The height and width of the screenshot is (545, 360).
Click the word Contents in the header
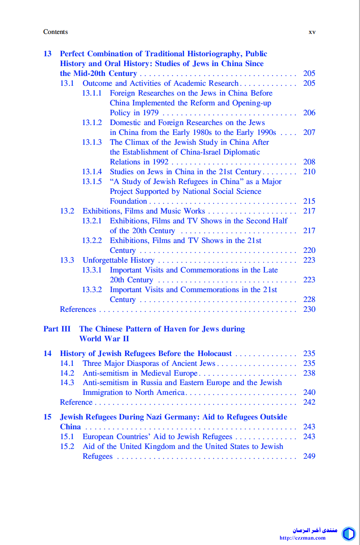[55, 32]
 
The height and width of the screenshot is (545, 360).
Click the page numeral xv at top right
[312, 32]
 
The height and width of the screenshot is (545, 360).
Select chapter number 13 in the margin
[47, 54]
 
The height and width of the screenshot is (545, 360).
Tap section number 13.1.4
[92, 172]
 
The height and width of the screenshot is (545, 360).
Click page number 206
[309, 113]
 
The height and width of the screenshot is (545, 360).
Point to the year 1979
[150, 113]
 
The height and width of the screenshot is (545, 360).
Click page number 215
[309, 201]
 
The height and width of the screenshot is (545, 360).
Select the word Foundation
[129, 201]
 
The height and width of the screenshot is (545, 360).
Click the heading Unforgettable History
[118, 260]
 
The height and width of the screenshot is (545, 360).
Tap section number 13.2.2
[92, 240]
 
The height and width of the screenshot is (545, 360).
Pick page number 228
[309, 299]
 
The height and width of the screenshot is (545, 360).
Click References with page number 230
[78, 309]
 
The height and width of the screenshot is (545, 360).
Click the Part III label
[57, 329]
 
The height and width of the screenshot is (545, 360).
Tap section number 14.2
[67, 373]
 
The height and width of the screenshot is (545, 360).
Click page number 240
[309, 392]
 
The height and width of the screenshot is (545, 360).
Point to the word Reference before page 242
[76, 402]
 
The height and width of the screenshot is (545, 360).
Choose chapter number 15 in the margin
[47, 417]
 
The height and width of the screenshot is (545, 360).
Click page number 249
[309, 456]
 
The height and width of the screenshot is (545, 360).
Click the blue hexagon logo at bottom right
[348, 533]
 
